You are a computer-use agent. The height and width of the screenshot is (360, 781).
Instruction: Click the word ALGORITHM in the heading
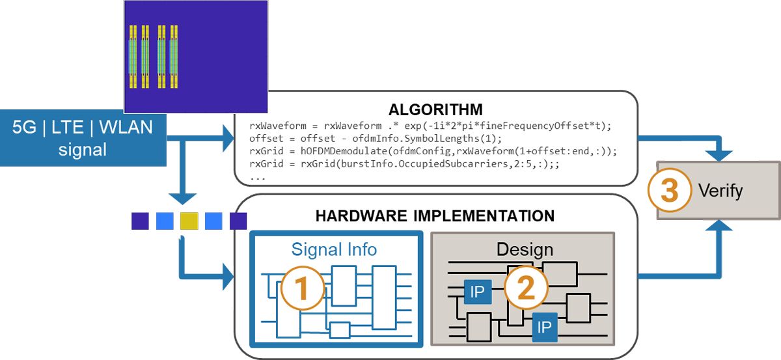click(x=435, y=109)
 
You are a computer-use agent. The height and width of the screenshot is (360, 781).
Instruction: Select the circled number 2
click(x=526, y=287)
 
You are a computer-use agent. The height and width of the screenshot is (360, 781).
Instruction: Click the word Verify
click(x=720, y=191)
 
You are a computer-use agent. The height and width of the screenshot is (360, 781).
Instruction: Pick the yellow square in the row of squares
click(x=189, y=221)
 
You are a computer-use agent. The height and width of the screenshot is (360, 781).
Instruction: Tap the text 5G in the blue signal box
click(x=27, y=126)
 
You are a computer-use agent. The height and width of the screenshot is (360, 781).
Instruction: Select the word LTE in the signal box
click(x=68, y=126)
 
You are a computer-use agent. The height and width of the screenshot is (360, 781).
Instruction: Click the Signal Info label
click(x=335, y=249)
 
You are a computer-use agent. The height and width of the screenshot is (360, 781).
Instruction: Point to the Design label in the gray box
click(x=524, y=249)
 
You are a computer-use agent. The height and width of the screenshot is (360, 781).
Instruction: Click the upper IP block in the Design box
click(x=477, y=292)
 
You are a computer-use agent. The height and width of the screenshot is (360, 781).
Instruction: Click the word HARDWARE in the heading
click(x=355, y=215)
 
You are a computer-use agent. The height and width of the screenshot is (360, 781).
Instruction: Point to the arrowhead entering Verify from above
click(x=720, y=154)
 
